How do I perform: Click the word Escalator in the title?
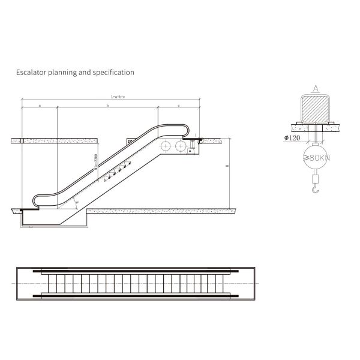pos(29,73)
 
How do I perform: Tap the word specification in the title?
pos(114,73)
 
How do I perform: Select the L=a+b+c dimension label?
pos(118,96)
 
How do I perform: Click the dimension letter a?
pos(39,105)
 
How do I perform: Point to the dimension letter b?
pos(107,105)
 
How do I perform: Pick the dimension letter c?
pos(179,105)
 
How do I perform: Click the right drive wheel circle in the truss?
pos(179,146)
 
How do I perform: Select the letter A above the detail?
pos(315,88)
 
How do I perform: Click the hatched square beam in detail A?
pos(315,109)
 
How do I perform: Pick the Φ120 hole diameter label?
pos(293,138)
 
